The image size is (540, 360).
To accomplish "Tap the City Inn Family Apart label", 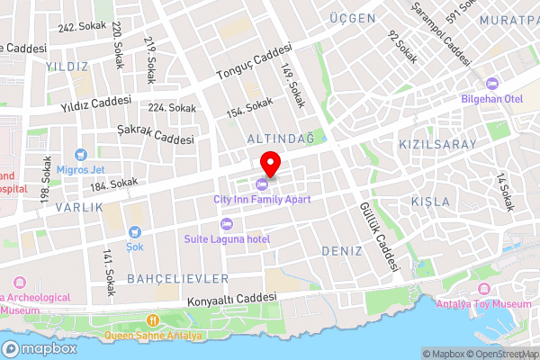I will (x=261, y=198).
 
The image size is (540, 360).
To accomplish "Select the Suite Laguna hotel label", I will (x=227, y=238).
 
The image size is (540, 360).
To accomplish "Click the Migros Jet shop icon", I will (x=81, y=155).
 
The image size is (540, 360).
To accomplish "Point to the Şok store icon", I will (x=134, y=231).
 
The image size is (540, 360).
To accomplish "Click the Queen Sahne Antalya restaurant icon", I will (x=153, y=319).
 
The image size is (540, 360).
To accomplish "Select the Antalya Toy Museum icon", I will (x=484, y=289).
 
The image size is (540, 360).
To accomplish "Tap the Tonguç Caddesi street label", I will (x=255, y=62).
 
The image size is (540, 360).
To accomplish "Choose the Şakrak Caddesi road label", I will (x=156, y=134).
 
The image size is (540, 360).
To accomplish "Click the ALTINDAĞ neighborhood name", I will (x=280, y=138).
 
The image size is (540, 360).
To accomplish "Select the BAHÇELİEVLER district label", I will (x=178, y=278).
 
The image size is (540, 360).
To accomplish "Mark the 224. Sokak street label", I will (x=172, y=108).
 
